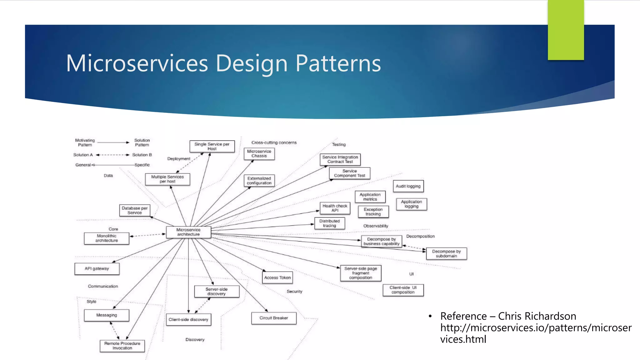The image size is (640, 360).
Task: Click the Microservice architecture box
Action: click(x=188, y=232)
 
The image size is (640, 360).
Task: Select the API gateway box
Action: click(x=97, y=269)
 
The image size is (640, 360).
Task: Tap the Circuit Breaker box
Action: click(x=274, y=318)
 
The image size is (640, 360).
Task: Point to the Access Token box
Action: click(x=277, y=277)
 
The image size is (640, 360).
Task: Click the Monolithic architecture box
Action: click(x=107, y=238)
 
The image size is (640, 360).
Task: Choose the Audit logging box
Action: click(x=408, y=186)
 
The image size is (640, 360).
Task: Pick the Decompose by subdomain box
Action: click(x=446, y=254)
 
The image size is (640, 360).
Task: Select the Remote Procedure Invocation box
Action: click(x=122, y=346)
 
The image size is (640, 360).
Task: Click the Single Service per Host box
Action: click(x=212, y=147)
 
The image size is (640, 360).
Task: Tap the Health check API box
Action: click(x=335, y=208)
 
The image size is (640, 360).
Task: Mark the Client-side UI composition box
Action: click(x=403, y=290)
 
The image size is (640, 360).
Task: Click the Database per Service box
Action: click(x=135, y=210)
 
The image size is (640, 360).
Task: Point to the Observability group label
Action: click(x=376, y=226)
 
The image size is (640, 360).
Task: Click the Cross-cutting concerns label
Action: click(x=274, y=143)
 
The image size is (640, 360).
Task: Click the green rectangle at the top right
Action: click(x=566, y=30)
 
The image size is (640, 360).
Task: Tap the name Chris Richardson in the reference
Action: click(x=537, y=316)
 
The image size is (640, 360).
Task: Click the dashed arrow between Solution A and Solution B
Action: click(x=112, y=155)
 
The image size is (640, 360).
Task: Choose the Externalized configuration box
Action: click(x=259, y=181)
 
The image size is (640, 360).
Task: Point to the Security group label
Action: click(x=294, y=292)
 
